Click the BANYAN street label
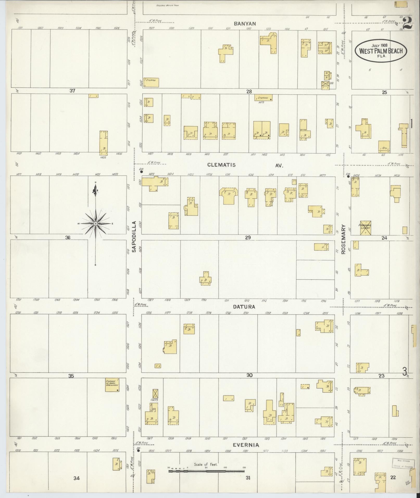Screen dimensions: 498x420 [245, 24]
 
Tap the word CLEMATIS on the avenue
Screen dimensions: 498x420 [225, 165]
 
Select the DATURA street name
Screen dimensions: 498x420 [244, 307]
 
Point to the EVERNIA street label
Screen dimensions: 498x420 [246, 445]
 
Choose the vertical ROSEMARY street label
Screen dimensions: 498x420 [343, 239]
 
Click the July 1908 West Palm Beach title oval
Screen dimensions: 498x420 [380, 51]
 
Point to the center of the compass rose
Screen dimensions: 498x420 [96, 224]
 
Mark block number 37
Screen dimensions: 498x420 [72, 91]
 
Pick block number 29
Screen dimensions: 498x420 [248, 237]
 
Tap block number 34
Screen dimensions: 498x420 [76, 478]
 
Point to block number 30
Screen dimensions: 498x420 [249, 375]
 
